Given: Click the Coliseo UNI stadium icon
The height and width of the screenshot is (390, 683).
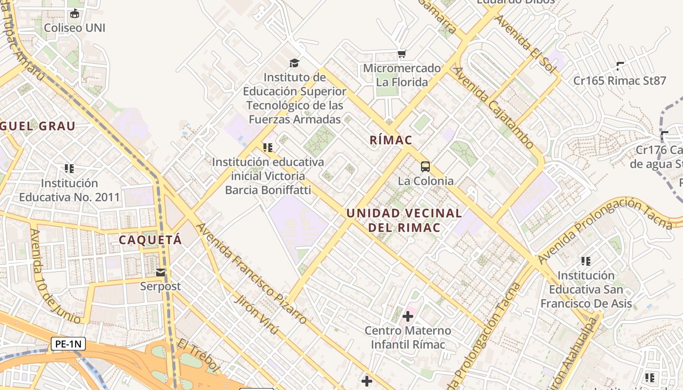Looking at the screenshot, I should pos(74,14).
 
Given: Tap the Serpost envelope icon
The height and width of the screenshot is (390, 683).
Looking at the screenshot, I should pos(161,273).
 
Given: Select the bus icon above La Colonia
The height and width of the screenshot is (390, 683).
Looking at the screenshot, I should pos(425,167).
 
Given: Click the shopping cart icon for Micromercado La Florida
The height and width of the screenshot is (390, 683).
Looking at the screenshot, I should pos(402,54).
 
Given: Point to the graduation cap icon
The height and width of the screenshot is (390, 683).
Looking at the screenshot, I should pos(294,63).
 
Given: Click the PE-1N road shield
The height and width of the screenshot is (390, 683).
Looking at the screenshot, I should pos(68,344).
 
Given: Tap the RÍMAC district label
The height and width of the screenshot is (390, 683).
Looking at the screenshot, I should pos(391,140).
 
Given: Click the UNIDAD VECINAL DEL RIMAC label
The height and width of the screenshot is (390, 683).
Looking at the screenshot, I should pos(404,220).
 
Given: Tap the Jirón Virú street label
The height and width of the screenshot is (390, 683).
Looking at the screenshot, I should pos(257,315).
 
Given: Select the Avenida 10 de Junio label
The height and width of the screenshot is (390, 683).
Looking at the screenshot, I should pos(55,276).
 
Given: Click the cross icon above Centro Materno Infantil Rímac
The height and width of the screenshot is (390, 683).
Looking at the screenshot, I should pos(407,316).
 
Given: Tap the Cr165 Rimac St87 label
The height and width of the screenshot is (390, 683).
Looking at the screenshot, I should pos(620,81).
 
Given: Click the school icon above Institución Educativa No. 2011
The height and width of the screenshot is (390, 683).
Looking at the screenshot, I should pos(69,169).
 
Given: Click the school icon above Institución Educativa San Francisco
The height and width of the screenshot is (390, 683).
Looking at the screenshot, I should pos(586,261).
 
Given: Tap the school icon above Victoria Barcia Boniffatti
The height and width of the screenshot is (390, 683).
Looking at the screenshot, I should pos(267,147).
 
